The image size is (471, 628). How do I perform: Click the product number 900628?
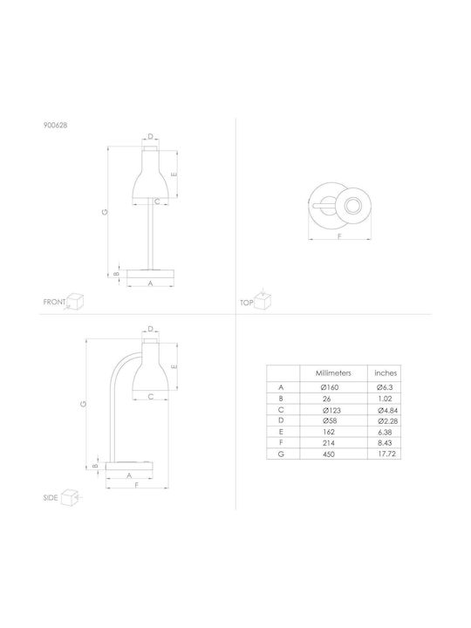(x=55, y=125)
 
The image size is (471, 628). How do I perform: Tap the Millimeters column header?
(x=333, y=373)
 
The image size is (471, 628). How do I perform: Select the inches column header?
(x=386, y=373)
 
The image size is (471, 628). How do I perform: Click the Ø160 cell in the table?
(x=330, y=387)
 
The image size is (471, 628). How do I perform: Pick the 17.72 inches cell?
(x=386, y=454)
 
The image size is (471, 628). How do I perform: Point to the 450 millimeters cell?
(x=328, y=454)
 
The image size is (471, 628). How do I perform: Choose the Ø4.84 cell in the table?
(x=387, y=411)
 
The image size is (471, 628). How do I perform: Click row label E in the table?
(x=281, y=432)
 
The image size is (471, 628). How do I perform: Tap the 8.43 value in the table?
(x=385, y=443)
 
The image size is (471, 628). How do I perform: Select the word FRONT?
(x=54, y=302)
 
